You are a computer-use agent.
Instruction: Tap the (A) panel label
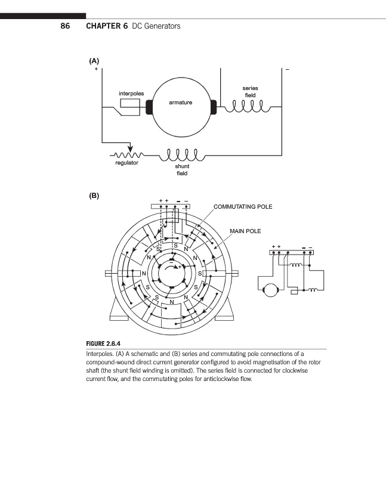coord(94,60)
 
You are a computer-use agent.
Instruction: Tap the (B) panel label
coord(94,195)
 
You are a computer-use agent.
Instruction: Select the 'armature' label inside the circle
coord(180,103)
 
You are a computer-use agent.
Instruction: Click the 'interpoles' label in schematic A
coord(131,93)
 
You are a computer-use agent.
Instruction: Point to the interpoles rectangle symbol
coord(129,106)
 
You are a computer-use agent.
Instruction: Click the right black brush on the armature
coord(213,107)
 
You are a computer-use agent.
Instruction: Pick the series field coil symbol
coord(246,107)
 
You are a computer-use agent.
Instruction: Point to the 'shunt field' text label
coord(182,170)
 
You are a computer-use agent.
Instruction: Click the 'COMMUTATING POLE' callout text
coord(243,207)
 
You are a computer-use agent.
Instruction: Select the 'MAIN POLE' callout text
coord(245,231)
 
